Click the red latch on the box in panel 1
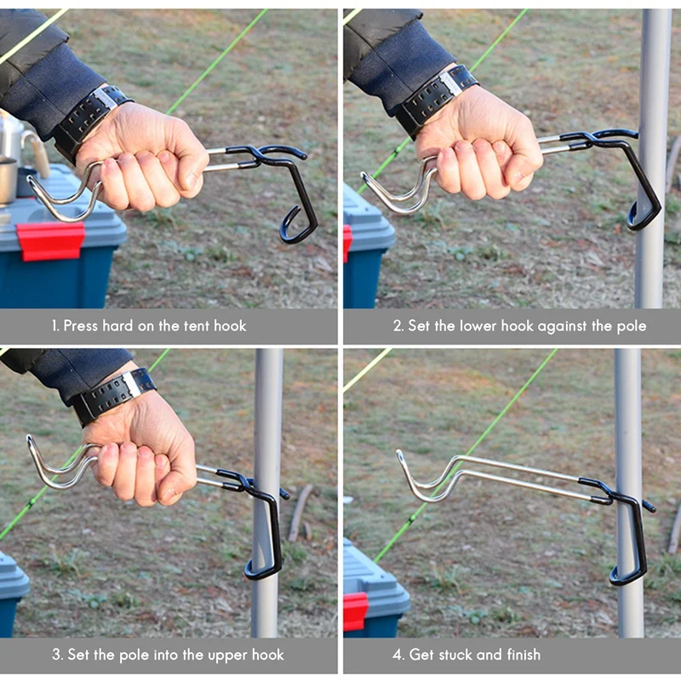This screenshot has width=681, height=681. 50,241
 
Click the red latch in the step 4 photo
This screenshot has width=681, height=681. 355,611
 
